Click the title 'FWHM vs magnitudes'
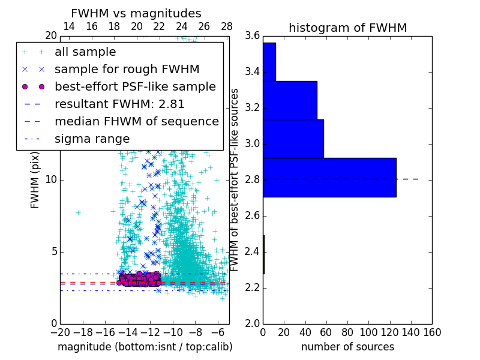[136, 14]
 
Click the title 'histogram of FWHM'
[347, 28]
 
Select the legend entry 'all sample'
[85, 52]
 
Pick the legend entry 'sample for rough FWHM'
[127, 69]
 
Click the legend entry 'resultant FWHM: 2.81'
[119, 104]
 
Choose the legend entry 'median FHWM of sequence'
[136, 121]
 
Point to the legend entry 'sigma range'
[92, 139]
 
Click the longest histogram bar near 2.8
[329, 177]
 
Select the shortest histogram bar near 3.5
[269, 62]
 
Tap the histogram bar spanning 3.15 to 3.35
[290, 100]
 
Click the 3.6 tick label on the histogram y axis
[252, 36]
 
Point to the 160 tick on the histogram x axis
[432, 332]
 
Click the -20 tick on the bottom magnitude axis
[60, 332]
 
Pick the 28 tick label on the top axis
[227, 26]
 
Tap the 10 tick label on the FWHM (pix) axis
[51, 180]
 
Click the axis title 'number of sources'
[347, 347]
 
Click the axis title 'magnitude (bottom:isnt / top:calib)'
[145, 347]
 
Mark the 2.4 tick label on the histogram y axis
[252, 251]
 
